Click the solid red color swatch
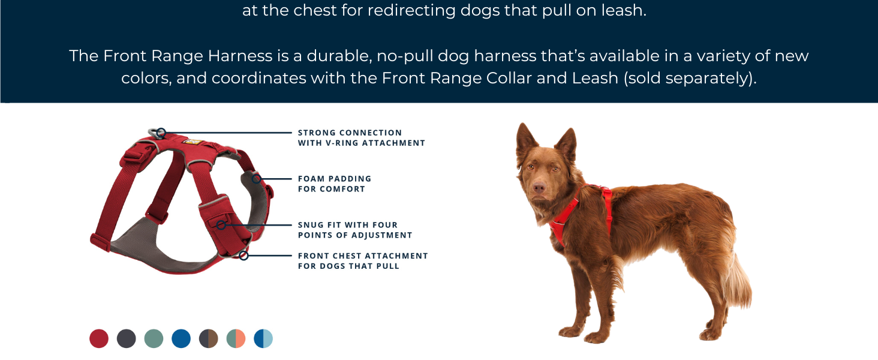[99, 338]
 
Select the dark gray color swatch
[127, 338]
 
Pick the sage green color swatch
[154, 338]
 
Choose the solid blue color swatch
[181, 338]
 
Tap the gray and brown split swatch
[209, 338]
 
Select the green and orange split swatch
[236, 338]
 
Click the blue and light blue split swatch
[263, 338]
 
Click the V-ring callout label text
[361, 138]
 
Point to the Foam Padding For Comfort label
[335, 184]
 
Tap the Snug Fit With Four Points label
[355, 230]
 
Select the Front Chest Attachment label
[363, 260]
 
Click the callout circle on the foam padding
[256, 179]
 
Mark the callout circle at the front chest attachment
[243, 256]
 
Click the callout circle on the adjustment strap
[221, 225]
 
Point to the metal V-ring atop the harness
[157, 132]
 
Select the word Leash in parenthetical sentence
[594, 79]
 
